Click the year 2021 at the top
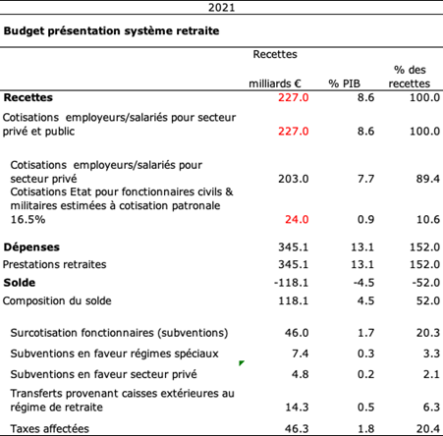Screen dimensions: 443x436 click(x=221, y=7)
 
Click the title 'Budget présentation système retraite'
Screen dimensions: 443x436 click(x=111, y=31)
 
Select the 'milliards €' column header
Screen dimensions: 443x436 click(x=275, y=83)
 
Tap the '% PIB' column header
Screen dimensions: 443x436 click(x=344, y=83)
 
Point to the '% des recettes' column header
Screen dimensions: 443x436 click(x=410, y=77)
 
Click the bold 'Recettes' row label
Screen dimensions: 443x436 click(x=28, y=97)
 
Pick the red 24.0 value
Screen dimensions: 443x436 click(x=297, y=219)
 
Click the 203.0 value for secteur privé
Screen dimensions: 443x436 click(x=294, y=179)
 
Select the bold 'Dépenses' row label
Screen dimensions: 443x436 click(x=31, y=247)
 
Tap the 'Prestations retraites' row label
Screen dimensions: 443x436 click(x=54, y=264)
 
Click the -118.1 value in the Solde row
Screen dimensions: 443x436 click(x=292, y=283)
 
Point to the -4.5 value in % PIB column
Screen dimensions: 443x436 click(x=363, y=283)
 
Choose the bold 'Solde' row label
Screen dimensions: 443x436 click(x=20, y=283)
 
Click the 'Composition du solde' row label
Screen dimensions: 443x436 click(x=57, y=300)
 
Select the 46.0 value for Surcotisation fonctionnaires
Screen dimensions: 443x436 click(x=297, y=333)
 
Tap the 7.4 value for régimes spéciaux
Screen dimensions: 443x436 click(x=301, y=354)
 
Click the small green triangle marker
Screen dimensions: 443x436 click(x=242, y=362)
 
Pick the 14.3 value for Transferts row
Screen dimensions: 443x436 click(x=297, y=408)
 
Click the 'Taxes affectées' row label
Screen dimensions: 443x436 click(x=49, y=429)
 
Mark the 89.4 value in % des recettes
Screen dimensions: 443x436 click(x=428, y=179)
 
